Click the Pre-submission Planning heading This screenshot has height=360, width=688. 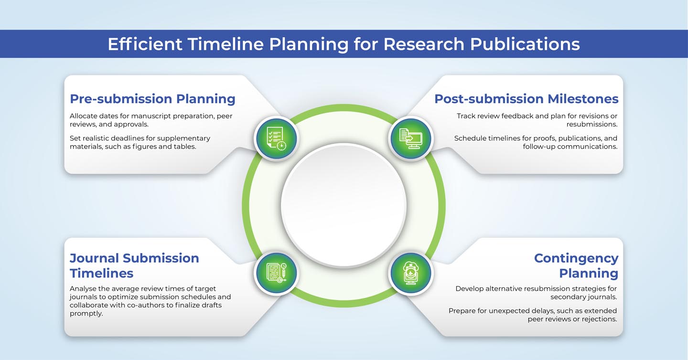[x=152, y=99]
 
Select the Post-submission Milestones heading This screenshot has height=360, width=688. [x=526, y=99]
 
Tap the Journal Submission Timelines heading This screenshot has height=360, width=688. [x=134, y=265]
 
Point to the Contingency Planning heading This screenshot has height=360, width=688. [x=576, y=265]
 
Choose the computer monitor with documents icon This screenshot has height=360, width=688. [x=411, y=138]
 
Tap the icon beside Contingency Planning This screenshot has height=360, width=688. [x=411, y=273]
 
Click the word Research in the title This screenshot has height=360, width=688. [x=423, y=44]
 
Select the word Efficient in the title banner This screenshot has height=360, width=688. [x=145, y=44]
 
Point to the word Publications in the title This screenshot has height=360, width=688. [x=525, y=44]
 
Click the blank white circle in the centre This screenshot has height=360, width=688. [x=344, y=205]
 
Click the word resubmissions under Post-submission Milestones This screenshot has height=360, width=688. [x=592, y=124]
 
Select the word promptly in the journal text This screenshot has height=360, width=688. [x=86, y=314]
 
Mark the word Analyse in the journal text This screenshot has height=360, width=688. [x=81, y=289]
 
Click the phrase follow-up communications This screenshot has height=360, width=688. [x=570, y=147]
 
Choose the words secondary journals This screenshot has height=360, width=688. [x=583, y=297]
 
